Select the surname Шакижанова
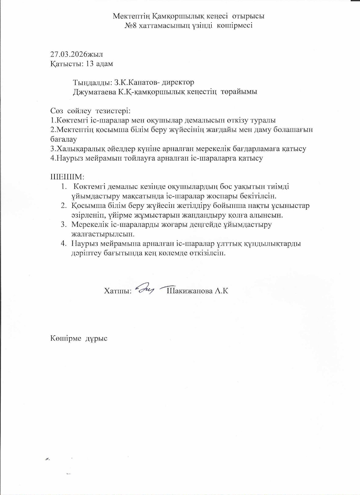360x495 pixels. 189,291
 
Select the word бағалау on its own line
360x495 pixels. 63,140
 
